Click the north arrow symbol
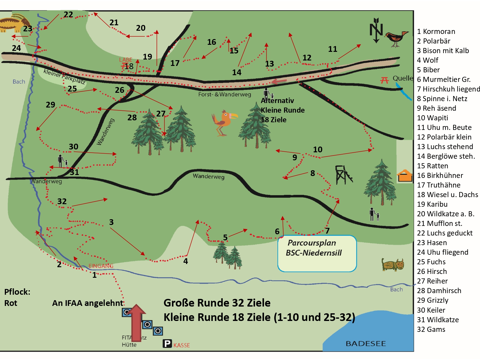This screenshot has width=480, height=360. click(x=376, y=30)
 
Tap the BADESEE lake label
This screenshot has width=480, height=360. click(x=366, y=343)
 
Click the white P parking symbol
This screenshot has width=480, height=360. click(x=167, y=344)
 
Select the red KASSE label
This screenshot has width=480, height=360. click(x=181, y=345)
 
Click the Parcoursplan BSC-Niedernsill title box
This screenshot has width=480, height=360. click(x=317, y=253)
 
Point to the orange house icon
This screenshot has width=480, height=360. click(x=404, y=176)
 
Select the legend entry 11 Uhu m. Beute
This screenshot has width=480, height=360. click(x=444, y=127)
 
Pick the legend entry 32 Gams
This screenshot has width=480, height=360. click(x=431, y=329)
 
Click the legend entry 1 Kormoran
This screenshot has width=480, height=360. click(x=436, y=31)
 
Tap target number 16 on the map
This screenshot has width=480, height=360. click(x=212, y=42)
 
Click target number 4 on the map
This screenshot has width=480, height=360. click(x=186, y=261)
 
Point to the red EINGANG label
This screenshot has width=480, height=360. click(x=101, y=266)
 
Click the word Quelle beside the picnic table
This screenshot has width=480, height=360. click(x=403, y=78)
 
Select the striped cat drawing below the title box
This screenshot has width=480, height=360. click(x=393, y=264)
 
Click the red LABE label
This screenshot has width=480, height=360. click(x=125, y=60)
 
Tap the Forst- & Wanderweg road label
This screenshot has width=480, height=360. click(x=224, y=94)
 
